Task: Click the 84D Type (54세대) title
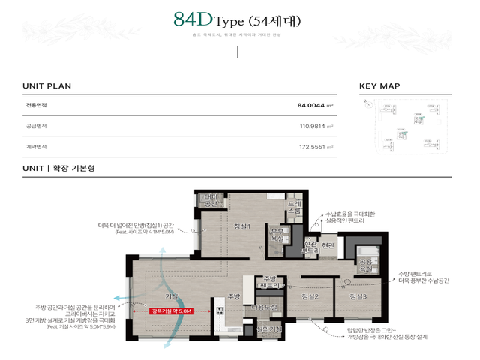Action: [x=236, y=20]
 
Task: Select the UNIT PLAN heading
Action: [x=46, y=86]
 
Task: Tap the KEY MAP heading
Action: [x=379, y=86]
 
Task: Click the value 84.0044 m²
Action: [x=315, y=106]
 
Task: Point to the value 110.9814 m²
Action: [x=316, y=126]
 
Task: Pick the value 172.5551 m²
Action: [x=316, y=147]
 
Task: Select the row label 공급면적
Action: [x=36, y=126]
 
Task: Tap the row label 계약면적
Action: [x=36, y=147]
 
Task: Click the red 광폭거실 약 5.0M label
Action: [x=172, y=310]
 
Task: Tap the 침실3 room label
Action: [x=357, y=297]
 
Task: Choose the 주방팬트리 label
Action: [x=271, y=282]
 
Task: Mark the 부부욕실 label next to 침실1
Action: [x=277, y=233]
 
